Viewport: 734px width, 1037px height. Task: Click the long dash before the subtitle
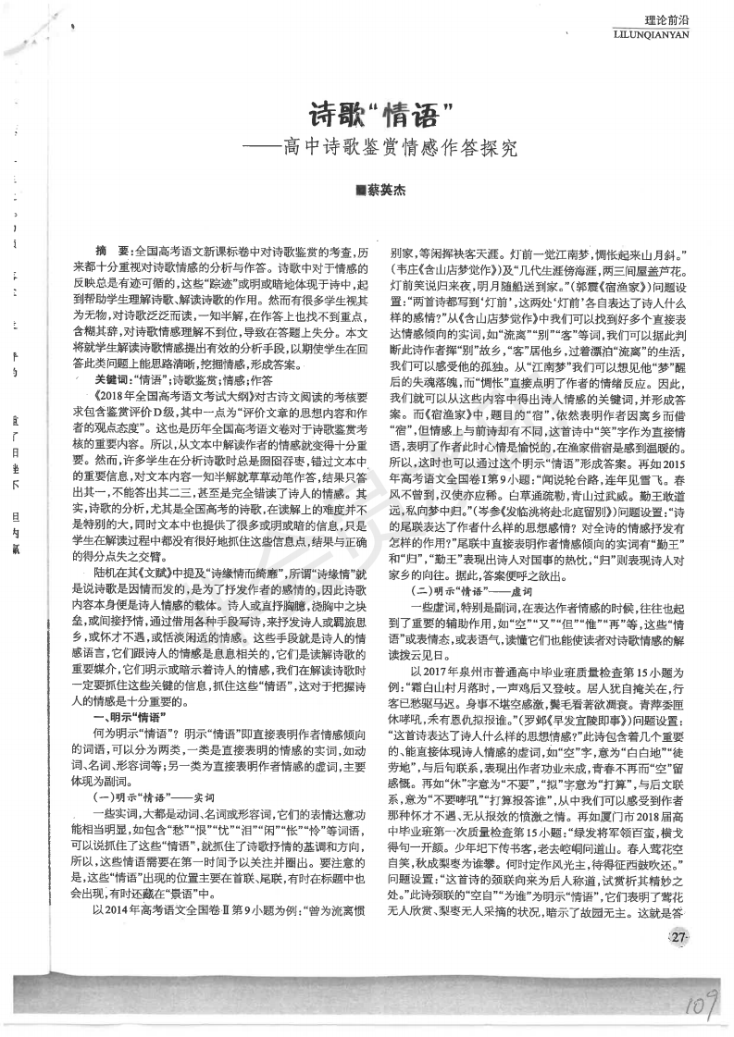click(259, 148)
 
